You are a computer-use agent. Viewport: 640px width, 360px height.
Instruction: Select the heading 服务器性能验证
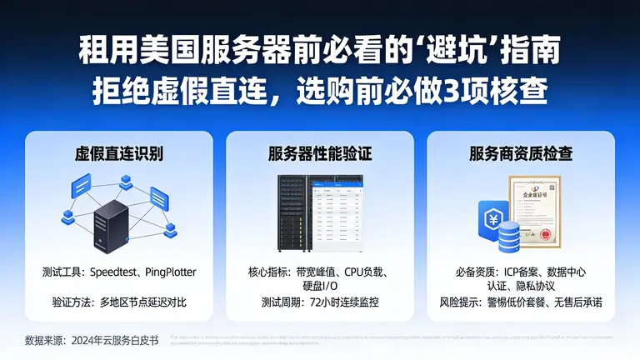(319, 154)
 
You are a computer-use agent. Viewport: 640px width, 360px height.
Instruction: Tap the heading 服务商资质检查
(521, 154)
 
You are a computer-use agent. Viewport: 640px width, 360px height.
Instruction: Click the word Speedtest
(118, 272)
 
